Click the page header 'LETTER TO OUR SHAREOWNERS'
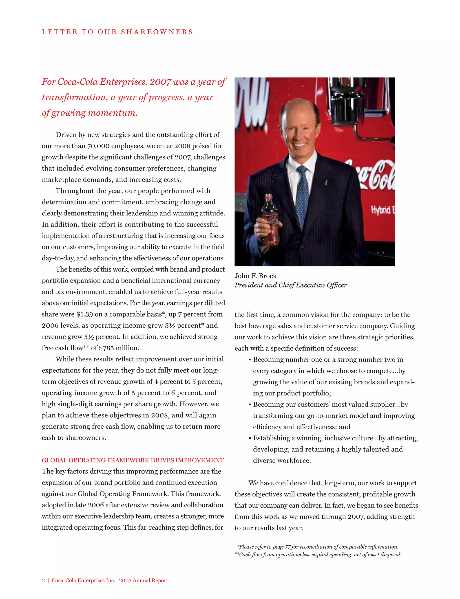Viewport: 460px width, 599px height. point(117,32)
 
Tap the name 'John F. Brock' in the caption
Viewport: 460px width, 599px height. point(255,276)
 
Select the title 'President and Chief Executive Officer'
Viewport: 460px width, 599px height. point(290,285)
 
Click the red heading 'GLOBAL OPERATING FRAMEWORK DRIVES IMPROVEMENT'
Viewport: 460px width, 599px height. point(133,460)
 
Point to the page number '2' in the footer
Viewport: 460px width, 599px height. point(43,580)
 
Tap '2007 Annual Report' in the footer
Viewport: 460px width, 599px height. point(143,580)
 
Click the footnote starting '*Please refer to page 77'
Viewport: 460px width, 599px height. point(317,546)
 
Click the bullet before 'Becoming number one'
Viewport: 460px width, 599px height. point(250,360)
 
